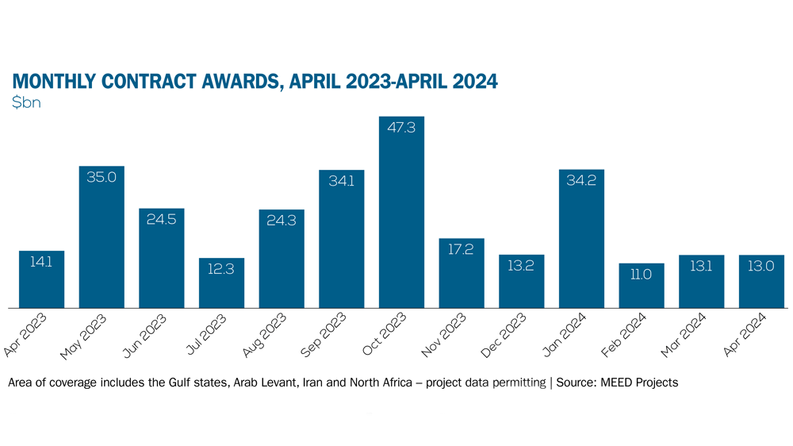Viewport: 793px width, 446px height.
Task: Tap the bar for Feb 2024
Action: coord(642,285)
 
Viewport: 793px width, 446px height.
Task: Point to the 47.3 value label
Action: coord(401,128)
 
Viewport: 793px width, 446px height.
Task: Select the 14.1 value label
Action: coord(41,262)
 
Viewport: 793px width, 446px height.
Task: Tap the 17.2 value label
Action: coord(462,249)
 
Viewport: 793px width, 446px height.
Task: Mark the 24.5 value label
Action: coord(161,219)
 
